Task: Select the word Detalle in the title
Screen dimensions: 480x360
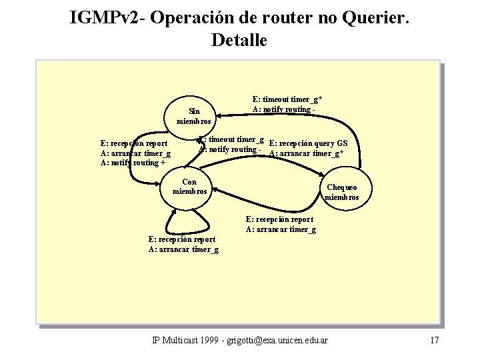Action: pos(239,39)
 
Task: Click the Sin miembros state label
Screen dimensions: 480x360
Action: pos(193,117)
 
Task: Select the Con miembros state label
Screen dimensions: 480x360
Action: pos(189,187)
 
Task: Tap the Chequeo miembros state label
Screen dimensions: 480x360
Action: pos(341,193)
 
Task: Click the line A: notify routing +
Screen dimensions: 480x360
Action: pos(133,163)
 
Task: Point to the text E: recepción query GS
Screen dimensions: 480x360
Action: pos(308,143)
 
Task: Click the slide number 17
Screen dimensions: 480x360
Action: pos(434,341)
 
